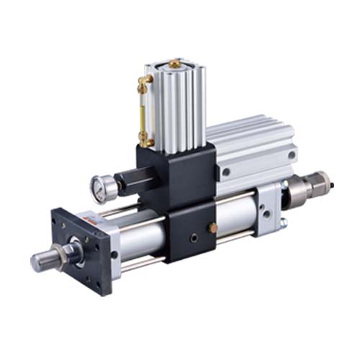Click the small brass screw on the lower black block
[212, 228]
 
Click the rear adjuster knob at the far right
[318, 187]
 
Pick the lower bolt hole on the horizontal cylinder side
[226, 173]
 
